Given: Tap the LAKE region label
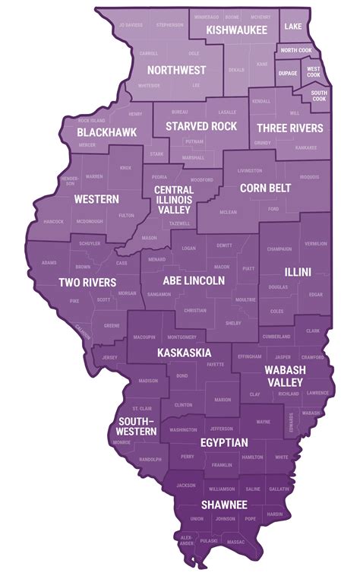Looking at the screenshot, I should [293, 27].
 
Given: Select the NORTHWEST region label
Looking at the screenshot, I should [176, 70].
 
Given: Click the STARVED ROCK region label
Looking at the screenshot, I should [201, 126].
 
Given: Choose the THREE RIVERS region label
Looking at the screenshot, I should [289, 128].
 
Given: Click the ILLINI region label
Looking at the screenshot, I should [297, 271].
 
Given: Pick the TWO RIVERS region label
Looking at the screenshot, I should [87, 283].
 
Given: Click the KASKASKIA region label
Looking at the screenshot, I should [184, 353].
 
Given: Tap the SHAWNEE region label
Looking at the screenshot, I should [223, 505].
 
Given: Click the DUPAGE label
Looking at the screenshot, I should [288, 74].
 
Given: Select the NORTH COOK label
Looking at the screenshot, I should [295, 50].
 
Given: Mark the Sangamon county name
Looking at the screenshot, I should [159, 293].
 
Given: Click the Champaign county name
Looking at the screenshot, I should [279, 249].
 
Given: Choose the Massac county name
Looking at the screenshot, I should [236, 541].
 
